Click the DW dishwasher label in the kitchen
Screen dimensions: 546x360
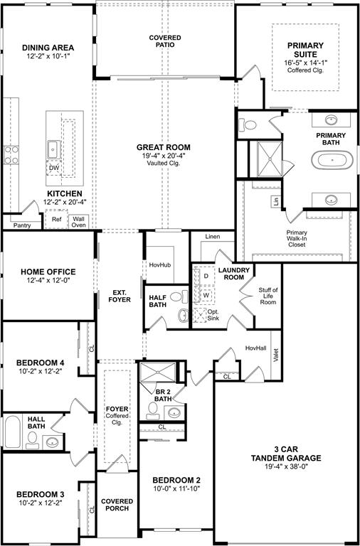pos(54,168)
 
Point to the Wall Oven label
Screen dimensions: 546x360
pos(78,223)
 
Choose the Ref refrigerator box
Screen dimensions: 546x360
pos(57,220)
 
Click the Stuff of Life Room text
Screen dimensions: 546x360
pos(268,296)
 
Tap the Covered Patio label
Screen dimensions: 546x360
pos(165,41)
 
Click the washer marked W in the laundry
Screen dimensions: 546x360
pos(206,294)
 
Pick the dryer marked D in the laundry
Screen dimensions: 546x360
pos(206,275)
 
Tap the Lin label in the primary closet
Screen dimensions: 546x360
pos(275,202)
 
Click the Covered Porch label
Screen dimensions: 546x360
pos(117,505)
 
